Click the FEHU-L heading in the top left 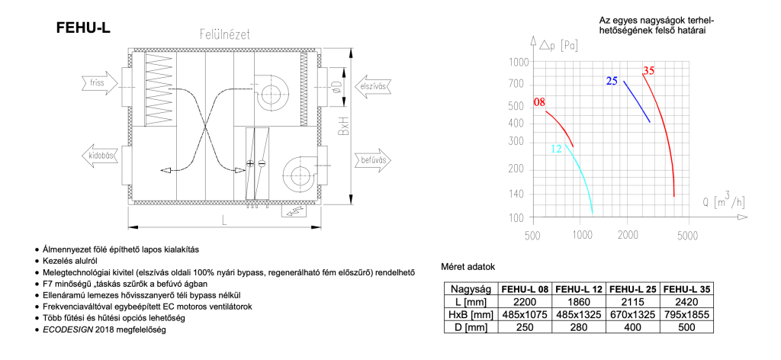pyautogui.click(x=84, y=29)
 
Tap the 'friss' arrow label pyautogui.click(x=98, y=83)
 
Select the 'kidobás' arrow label pyautogui.click(x=102, y=156)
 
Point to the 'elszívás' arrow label pyautogui.click(x=371, y=86)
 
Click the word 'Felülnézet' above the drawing pyautogui.click(x=225, y=35)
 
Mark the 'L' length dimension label pyautogui.click(x=224, y=221)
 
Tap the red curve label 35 pyautogui.click(x=648, y=71)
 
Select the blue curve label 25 pyautogui.click(x=612, y=81)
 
